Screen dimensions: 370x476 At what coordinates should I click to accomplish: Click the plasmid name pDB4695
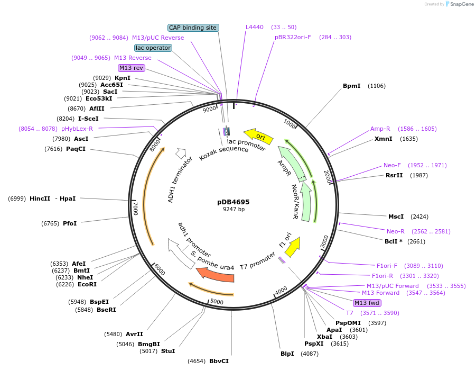(x=233, y=202)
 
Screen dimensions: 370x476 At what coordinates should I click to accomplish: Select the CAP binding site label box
(x=193, y=28)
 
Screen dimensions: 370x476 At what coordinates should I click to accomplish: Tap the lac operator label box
(x=153, y=48)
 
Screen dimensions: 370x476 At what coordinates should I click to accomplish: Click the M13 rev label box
(x=131, y=68)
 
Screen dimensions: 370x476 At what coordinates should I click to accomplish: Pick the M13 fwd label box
(x=367, y=303)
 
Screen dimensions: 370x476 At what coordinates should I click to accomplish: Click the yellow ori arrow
(x=258, y=136)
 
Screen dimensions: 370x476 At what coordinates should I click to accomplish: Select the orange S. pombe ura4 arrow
(x=215, y=274)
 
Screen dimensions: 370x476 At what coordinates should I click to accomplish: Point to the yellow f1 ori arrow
(x=292, y=246)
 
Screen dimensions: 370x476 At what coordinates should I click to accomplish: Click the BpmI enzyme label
(x=351, y=86)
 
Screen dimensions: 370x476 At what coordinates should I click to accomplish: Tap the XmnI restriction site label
(x=384, y=139)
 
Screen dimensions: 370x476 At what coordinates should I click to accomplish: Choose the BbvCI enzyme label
(x=219, y=361)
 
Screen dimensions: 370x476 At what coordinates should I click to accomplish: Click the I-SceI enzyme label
(x=88, y=119)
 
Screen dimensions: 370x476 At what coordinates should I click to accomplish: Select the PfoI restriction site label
(x=70, y=223)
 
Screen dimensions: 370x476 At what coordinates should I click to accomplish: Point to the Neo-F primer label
(x=392, y=165)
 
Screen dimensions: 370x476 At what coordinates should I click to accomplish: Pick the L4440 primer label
(x=255, y=27)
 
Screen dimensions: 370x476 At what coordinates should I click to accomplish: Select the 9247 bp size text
(x=233, y=210)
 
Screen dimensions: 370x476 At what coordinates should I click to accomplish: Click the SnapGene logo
(x=458, y=4)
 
